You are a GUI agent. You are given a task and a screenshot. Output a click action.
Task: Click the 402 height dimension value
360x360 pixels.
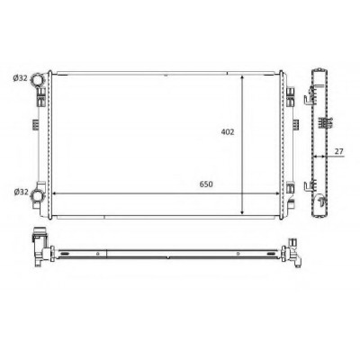point(228,131)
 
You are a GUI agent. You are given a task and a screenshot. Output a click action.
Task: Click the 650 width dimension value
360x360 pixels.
point(206,184)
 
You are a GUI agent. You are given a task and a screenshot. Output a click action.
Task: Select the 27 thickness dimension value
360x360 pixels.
point(338,151)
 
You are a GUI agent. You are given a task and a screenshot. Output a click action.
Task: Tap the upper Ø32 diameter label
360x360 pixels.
point(21,78)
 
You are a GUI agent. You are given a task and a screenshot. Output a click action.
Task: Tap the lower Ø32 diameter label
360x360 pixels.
point(21,192)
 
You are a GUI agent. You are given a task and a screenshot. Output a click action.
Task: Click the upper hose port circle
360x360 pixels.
point(38,80)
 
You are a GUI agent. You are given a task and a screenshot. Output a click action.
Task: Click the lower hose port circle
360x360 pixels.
point(38,196)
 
